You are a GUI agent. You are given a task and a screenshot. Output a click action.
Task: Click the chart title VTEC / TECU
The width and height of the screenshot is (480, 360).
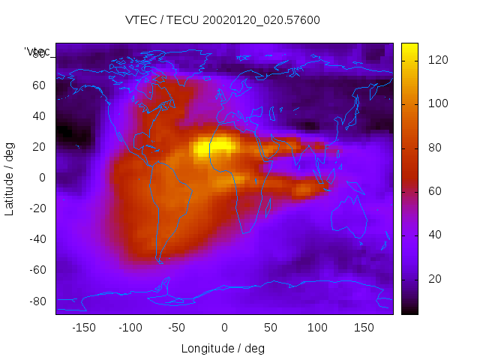[222, 20]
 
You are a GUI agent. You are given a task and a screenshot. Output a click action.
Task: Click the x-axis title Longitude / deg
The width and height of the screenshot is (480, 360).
[223, 349]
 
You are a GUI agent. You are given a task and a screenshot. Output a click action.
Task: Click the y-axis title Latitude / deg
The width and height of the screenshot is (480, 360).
[10, 178]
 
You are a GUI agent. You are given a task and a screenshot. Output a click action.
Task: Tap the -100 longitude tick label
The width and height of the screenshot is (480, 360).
[130, 328]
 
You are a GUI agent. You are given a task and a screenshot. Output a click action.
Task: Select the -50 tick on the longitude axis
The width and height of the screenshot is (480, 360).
[177, 328]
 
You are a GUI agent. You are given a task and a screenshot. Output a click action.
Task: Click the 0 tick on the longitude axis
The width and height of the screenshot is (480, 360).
[223, 328]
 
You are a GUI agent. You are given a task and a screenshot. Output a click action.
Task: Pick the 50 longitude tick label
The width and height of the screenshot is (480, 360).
[271, 328]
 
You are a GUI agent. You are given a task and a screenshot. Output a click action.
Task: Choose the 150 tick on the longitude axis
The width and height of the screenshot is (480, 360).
[364, 328]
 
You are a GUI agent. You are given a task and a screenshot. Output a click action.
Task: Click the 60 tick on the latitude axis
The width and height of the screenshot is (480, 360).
[39, 85]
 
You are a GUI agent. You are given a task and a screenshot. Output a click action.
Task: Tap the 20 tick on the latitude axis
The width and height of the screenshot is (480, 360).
[39, 147]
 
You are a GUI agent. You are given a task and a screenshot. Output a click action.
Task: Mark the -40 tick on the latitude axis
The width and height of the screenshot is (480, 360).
[37, 239]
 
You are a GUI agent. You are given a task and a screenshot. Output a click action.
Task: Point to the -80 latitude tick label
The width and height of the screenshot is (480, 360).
[37, 301]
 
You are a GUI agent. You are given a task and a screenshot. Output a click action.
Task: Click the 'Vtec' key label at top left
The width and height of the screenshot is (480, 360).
[37, 52]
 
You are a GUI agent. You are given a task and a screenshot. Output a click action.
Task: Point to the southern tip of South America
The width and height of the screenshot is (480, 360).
[158, 261]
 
